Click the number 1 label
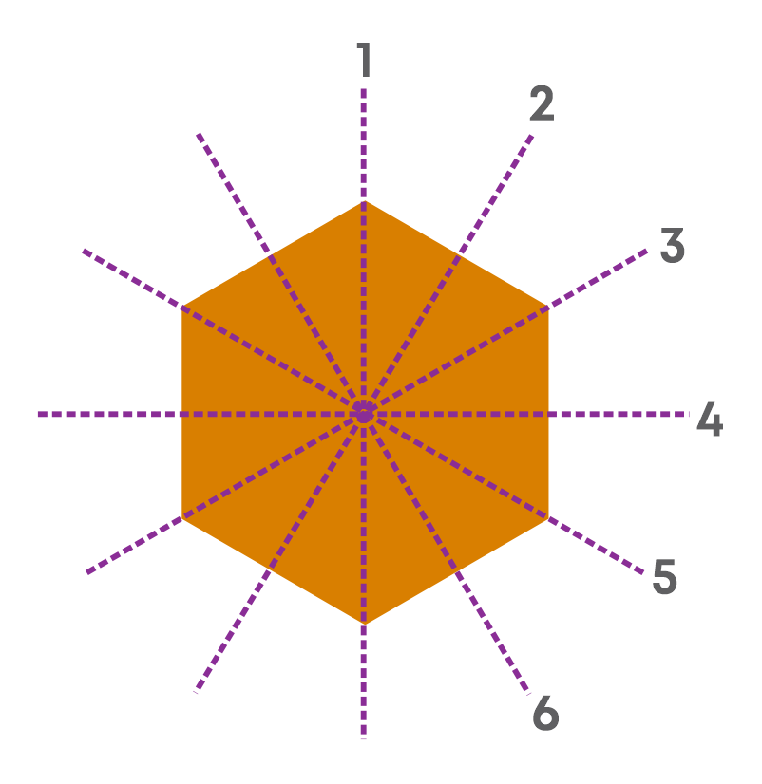tap(364, 60)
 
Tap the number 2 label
tap(542, 103)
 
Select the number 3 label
tap(672, 245)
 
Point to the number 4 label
tap(710, 419)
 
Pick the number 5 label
tap(665, 576)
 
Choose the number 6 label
tap(545, 713)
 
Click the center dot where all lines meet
tap(364, 414)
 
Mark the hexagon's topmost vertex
tap(364, 201)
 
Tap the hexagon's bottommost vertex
tap(364, 625)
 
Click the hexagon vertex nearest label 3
tap(548, 307)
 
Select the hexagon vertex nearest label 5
tap(548, 518)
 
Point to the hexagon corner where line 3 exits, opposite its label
tap(181, 518)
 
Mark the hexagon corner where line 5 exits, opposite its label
tap(181, 307)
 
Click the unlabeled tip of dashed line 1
tap(364, 738)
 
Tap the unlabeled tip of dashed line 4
tap(39, 414)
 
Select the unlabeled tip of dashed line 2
tap(197, 691)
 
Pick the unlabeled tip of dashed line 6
tap(199, 135)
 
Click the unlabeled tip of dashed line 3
tap(87, 572)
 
